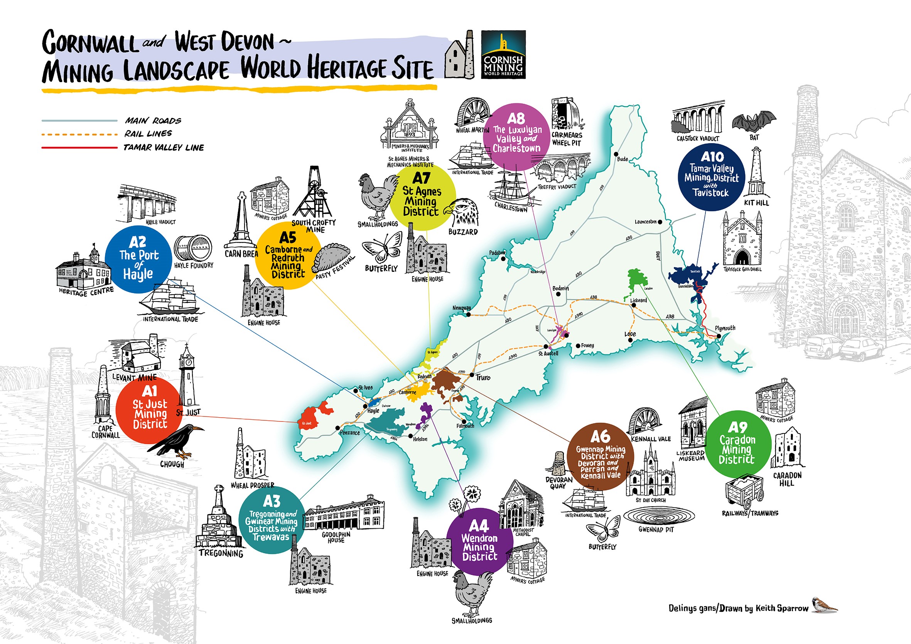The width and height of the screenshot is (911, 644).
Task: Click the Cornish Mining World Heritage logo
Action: pos(503,54)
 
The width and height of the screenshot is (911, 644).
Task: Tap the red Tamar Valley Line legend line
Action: pos(79,148)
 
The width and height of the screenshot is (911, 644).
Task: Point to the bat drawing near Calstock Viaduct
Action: pos(754,121)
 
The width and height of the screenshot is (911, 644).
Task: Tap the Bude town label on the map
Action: pos(623,159)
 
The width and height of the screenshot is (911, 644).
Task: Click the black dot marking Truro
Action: pos(472,374)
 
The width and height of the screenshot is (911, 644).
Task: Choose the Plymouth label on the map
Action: pos(725,328)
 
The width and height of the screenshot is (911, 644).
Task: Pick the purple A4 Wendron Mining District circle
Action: pos(479,542)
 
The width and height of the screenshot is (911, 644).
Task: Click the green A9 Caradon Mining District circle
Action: pos(737,444)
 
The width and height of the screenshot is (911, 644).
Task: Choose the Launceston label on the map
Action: pos(645,222)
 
